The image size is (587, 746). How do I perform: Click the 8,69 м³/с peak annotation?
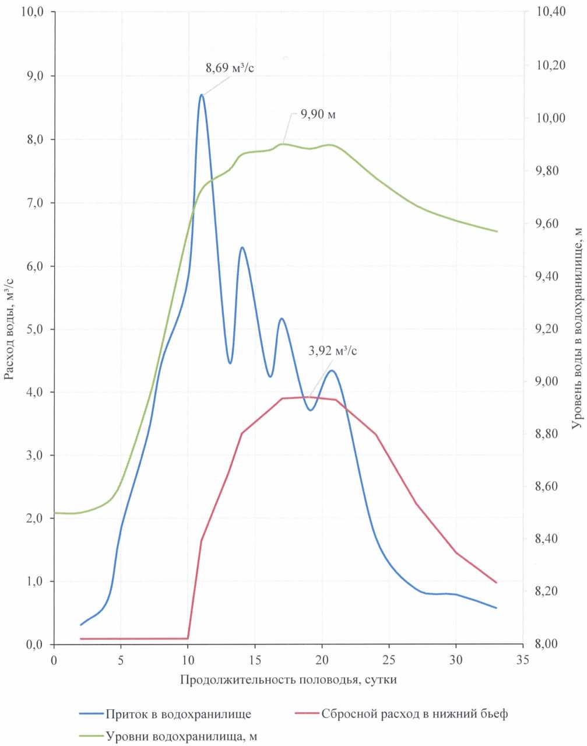point(230,68)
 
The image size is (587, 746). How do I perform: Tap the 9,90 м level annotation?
point(318,114)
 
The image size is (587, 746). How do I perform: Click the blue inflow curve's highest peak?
point(202,94)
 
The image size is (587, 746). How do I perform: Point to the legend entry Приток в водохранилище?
point(178,714)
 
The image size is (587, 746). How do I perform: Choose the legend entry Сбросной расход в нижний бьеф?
point(414,714)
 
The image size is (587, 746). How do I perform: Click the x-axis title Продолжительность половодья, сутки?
point(289,680)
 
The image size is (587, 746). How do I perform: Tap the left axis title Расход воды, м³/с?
point(10,328)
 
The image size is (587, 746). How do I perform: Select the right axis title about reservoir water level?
point(577,328)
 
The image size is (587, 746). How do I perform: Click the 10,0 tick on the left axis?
point(33,12)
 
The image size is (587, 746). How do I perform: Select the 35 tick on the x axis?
point(523,660)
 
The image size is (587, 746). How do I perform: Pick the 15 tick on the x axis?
point(255,660)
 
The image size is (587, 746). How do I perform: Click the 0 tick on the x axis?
point(54,660)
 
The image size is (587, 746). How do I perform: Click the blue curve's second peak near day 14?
point(242,247)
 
